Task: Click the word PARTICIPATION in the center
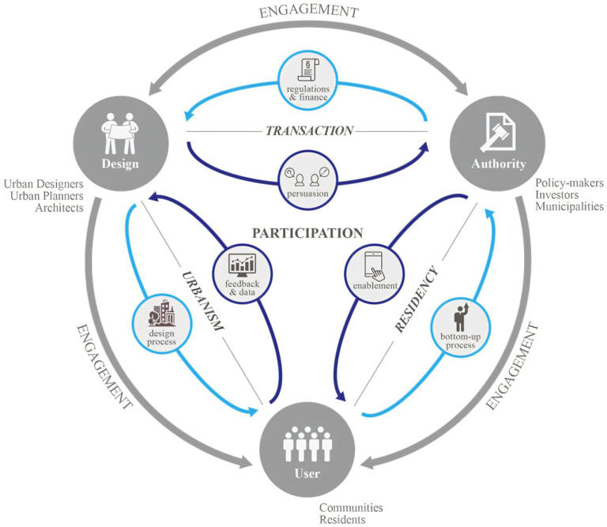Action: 307,233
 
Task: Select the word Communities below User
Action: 350,507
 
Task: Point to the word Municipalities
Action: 569,206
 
